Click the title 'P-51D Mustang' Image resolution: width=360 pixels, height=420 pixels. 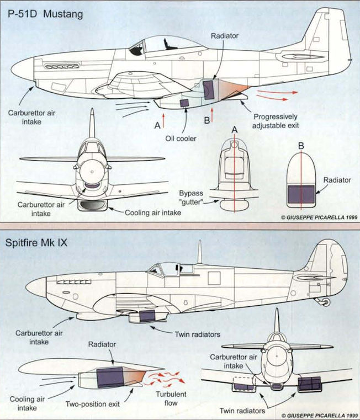(45, 14)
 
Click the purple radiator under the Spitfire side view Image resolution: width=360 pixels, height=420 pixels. (146, 316)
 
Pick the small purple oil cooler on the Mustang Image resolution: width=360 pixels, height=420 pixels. (184, 103)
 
